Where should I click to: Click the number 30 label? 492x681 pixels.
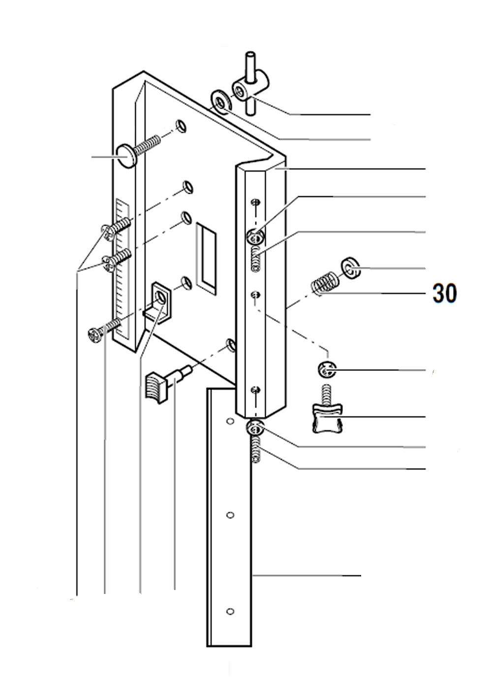click(x=444, y=293)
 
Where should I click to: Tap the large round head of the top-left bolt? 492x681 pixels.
click(x=126, y=156)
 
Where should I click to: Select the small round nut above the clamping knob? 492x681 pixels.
click(x=327, y=369)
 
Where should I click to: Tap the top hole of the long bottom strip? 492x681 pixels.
click(x=229, y=421)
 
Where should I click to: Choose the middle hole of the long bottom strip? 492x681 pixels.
click(x=229, y=515)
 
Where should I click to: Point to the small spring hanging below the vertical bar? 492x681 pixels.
click(x=255, y=449)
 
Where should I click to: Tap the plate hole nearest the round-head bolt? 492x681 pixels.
click(x=181, y=126)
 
